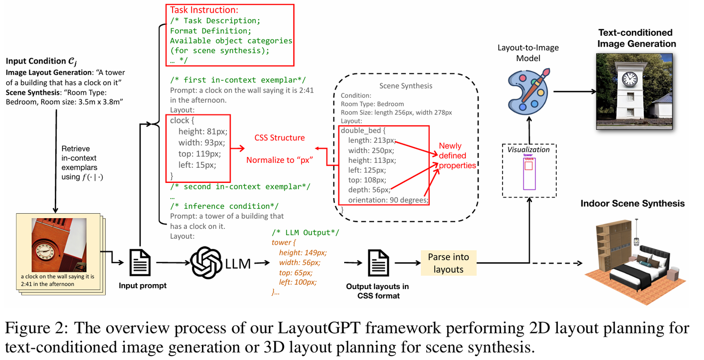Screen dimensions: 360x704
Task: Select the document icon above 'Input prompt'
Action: point(140,262)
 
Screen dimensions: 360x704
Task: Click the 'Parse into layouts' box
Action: point(448,263)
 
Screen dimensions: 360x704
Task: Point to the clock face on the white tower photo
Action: point(630,78)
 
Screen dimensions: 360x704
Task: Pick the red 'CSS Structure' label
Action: point(279,138)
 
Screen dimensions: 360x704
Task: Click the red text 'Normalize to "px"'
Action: point(279,160)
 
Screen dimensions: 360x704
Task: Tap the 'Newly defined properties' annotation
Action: point(457,156)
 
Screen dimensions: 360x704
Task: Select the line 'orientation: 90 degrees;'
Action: point(388,200)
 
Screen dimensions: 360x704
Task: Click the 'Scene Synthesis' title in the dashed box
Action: point(405,86)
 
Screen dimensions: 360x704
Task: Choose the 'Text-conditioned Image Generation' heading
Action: point(636,38)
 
